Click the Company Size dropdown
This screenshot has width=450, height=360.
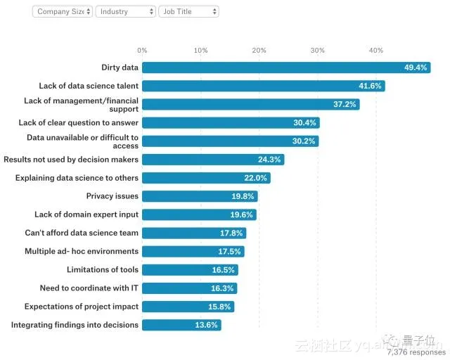(x=62, y=12)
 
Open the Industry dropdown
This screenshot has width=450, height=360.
(x=125, y=12)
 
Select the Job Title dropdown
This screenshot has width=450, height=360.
(x=188, y=12)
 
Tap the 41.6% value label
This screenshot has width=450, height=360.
(x=369, y=86)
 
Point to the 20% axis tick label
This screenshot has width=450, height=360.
(x=259, y=51)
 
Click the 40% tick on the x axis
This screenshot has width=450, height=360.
(x=376, y=51)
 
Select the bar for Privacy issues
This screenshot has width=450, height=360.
(x=200, y=196)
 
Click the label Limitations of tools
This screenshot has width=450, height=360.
(x=103, y=270)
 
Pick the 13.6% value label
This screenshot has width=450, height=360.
(x=207, y=325)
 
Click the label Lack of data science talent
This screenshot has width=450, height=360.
(x=89, y=86)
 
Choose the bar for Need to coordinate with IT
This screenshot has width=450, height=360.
(x=189, y=288)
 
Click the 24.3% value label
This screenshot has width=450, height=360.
(x=269, y=160)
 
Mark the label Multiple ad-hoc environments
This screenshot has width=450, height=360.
(x=82, y=252)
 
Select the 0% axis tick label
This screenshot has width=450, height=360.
(x=142, y=51)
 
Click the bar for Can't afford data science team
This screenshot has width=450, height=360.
(x=194, y=233)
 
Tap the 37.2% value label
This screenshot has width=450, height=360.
(x=345, y=105)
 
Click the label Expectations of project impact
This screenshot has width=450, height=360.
(x=82, y=307)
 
